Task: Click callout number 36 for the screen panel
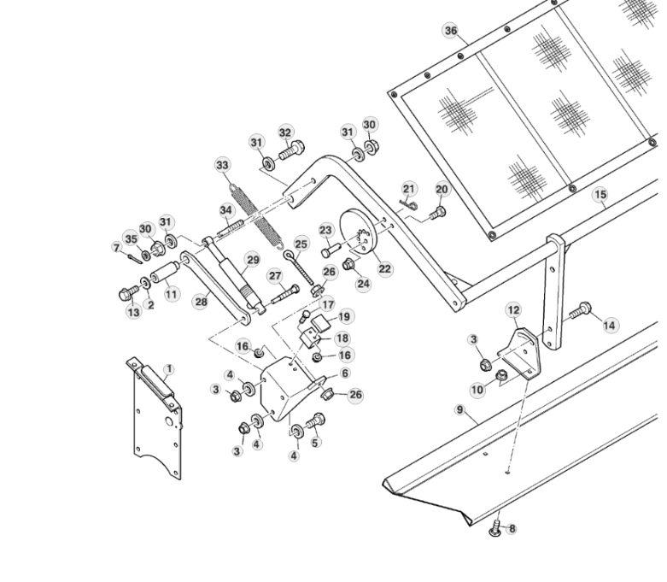click(x=451, y=31)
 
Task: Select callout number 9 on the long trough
click(x=459, y=410)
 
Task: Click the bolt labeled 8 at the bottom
click(x=495, y=531)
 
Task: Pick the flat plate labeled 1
click(x=155, y=419)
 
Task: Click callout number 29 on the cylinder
click(x=252, y=259)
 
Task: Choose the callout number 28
click(x=202, y=301)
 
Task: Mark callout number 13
click(x=133, y=313)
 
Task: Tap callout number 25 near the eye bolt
click(x=301, y=244)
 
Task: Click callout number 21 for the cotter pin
click(x=409, y=188)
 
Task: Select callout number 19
click(x=343, y=316)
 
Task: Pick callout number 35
click(x=130, y=238)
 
